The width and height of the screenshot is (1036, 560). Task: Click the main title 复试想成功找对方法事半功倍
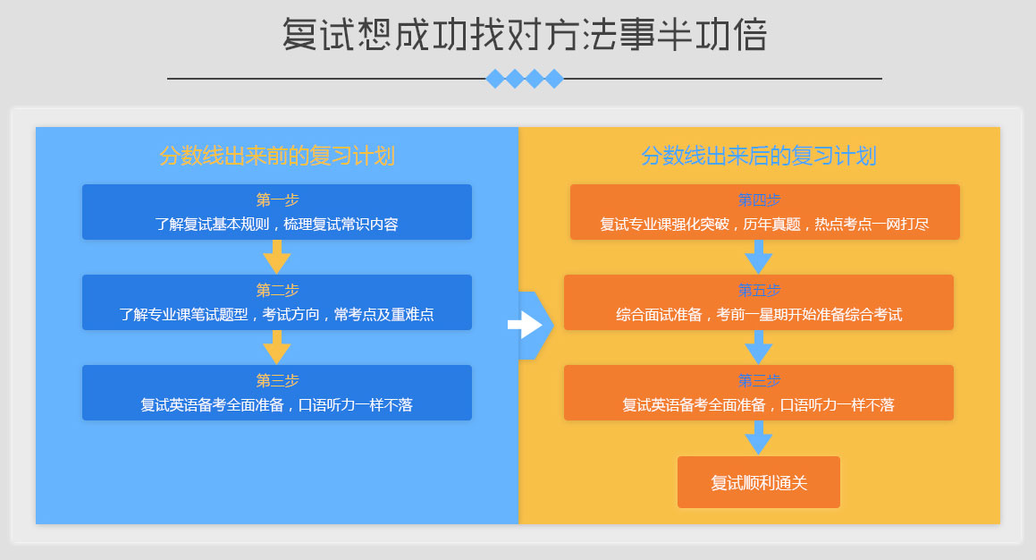point(525,34)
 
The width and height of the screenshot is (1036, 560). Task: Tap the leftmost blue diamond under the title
point(495,79)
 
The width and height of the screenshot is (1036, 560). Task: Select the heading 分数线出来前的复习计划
point(277,156)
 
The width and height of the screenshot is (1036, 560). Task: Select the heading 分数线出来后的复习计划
point(759,156)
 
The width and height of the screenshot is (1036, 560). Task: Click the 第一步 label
point(277,199)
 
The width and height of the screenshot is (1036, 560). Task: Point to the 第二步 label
point(277,290)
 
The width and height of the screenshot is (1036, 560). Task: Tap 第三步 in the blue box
point(277,381)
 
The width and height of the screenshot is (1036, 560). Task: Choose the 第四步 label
point(759,199)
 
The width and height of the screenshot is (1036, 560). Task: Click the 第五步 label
point(759,290)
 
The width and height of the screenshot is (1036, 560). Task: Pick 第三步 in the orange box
point(759,381)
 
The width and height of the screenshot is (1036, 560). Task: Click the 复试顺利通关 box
point(759,482)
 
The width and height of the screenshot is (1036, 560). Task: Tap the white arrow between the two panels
point(526,325)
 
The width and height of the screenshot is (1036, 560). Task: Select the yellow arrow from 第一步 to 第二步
point(277,257)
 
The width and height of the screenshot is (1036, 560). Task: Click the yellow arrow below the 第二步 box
point(277,347)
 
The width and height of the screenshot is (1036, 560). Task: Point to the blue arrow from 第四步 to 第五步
point(759,257)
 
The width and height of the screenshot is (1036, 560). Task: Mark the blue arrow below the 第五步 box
point(759,347)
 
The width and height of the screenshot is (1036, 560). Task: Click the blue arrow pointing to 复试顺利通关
point(759,437)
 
